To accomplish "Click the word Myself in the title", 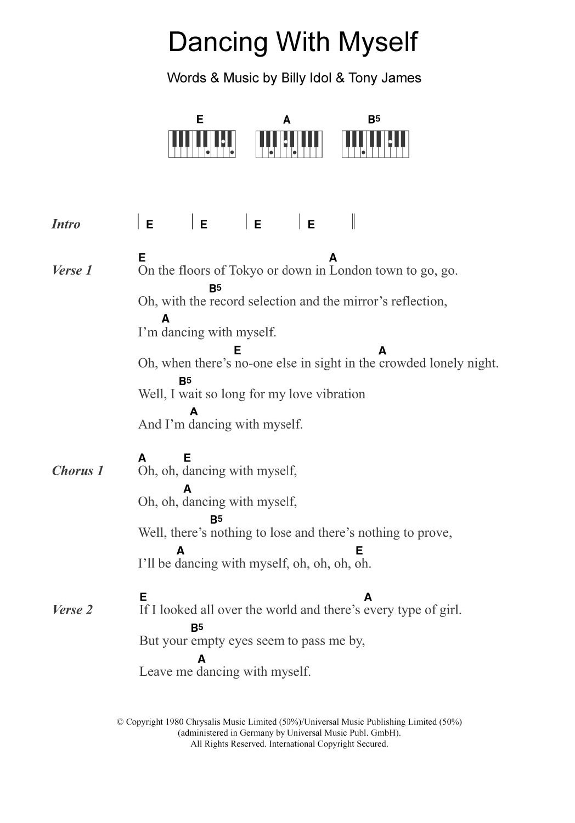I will coord(378,43).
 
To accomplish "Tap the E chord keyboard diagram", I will coord(201,144).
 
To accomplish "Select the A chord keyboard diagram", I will coord(289,144).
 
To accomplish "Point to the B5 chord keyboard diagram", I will coord(375,144).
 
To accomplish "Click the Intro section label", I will coord(66,224).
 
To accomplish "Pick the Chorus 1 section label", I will coord(77,471).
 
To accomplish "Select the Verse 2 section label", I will coord(72,610).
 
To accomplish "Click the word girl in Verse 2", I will coord(449,610).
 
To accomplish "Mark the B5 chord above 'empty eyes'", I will coord(197,627).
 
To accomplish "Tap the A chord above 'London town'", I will coord(333,258).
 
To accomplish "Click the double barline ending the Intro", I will coord(353,221).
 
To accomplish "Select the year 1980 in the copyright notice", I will coord(174,722).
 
